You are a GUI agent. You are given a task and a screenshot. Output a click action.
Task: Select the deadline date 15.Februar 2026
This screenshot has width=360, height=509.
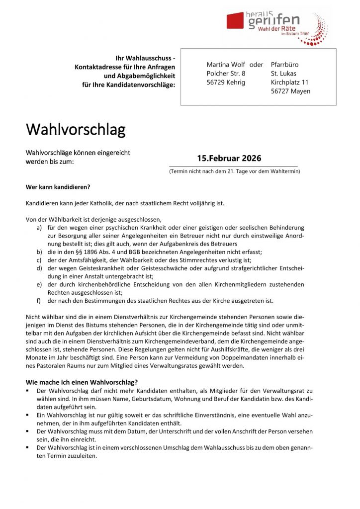pos(229,159)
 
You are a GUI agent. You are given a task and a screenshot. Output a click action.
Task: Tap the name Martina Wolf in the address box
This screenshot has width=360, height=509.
pos(226,65)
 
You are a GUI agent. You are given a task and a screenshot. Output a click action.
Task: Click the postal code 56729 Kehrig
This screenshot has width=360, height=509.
pos(226,83)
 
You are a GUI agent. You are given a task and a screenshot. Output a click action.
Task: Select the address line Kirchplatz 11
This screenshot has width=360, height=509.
pos(290,83)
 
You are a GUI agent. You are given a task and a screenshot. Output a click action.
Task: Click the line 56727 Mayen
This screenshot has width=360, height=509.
pos(290,91)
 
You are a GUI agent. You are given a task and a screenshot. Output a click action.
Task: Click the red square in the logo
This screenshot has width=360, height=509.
pos(235,21)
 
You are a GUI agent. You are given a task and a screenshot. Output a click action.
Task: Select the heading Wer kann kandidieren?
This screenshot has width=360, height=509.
pos(58,187)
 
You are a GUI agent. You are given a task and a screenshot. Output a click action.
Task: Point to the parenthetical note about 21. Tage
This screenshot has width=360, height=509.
pos(234,171)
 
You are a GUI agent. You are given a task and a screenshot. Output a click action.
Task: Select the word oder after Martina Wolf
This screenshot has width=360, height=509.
pos(256,65)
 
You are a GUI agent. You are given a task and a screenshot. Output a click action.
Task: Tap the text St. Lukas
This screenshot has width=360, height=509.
pos(283,74)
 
